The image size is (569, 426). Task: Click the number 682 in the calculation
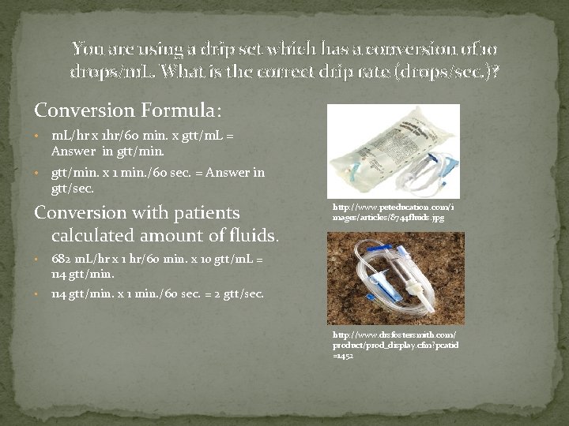pyautogui.click(x=62, y=259)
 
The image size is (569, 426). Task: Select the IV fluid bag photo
pyautogui.click(x=393, y=150)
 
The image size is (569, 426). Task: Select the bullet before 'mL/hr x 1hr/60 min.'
pyautogui.click(x=38, y=136)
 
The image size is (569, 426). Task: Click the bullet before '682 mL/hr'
pyautogui.click(x=38, y=260)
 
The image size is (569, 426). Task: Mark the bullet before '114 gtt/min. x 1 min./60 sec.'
pyautogui.click(x=38, y=294)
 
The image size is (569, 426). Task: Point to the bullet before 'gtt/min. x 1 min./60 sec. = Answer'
pyautogui.click(x=38, y=173)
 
